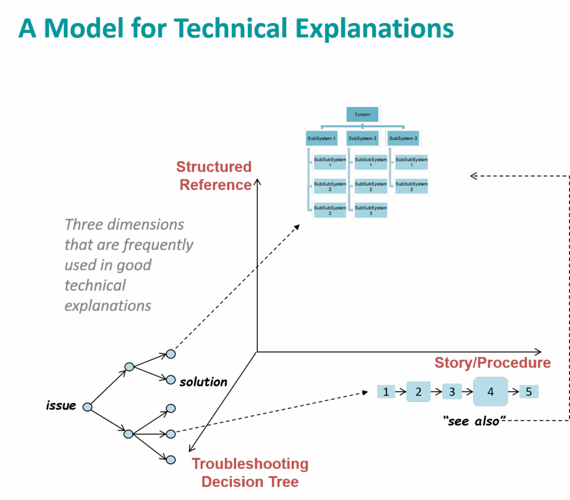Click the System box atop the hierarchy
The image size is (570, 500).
coord(362,114)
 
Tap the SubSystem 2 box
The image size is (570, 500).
coord(362,138)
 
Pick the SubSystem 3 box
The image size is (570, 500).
coord(403,138)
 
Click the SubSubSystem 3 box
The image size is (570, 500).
coord(371,210)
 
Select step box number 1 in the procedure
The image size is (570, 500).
coord(385,392)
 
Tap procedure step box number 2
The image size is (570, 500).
coord(419,391)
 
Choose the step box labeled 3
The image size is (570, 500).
coord(452,392)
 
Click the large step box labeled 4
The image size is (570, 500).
coord(490,391)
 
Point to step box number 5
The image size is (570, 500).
coord(529,392)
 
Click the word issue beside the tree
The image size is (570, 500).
coord(61,406)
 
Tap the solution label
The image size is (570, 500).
coord(203,382)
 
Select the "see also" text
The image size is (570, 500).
coord(474,421)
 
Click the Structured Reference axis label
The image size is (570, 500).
coord(215,176)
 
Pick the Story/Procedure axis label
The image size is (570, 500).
coord(492,363)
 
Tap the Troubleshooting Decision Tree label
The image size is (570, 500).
coord(250,472)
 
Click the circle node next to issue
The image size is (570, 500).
coord(87,407)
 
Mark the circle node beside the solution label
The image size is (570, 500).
coord(171,380)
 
